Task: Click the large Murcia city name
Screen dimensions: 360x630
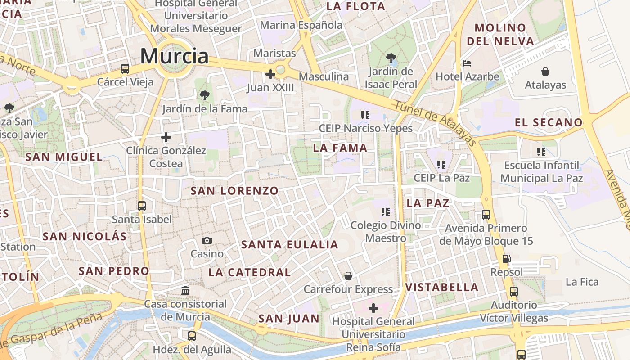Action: coord(175,56)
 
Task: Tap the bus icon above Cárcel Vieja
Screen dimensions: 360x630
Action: coord(125,69)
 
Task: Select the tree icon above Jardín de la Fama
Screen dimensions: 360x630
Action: coord(205,95)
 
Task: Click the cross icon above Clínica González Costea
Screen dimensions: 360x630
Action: coord(166,137)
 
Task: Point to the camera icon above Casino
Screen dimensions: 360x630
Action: coord(207,240)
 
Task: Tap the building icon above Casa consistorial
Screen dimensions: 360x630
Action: coord(185,290)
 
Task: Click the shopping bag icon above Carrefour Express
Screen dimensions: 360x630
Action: coord(348,275)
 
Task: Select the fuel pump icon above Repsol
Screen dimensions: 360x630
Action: coord(507,259)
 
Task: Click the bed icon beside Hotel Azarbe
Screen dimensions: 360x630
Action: coord(467,63)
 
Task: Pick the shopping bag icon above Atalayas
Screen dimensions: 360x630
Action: coord(545,72)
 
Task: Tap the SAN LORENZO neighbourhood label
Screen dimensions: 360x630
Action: coord(234,191)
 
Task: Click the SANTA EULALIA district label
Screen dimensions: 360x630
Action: coord(290,245)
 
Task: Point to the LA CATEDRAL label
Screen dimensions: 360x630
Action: coord(250,272)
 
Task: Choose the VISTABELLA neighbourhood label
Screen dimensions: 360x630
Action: coord(442,287)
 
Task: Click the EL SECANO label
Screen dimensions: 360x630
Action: coord(549,122)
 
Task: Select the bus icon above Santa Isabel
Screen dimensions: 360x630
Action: coord(142,206)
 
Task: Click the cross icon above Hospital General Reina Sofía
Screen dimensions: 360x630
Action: coord(373,308)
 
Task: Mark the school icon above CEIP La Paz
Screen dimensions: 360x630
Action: coord(441,165)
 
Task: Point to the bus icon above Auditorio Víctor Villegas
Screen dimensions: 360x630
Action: coord(514,292)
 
